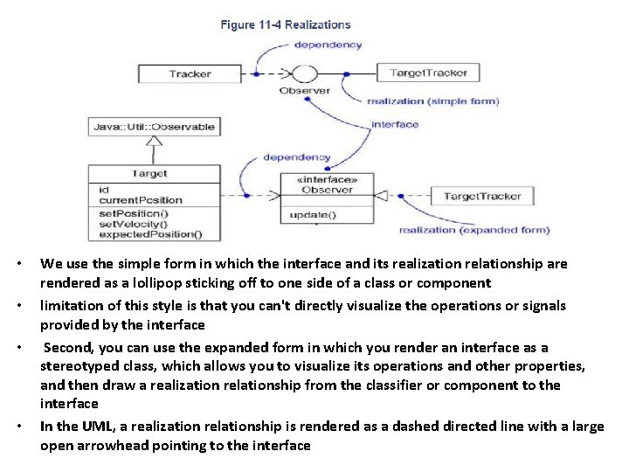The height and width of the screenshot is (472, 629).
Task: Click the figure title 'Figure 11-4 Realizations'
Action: coord(285,25)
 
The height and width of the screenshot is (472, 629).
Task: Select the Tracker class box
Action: coord(190,74)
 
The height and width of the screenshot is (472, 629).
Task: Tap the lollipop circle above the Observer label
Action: coord(304,73)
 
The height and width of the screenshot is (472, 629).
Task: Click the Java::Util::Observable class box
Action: coord(153,127)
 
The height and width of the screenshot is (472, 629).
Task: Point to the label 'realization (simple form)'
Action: coord(433,101)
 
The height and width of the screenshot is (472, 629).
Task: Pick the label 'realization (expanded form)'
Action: coord(474,230)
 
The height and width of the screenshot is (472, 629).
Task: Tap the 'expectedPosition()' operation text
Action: coord(149,233)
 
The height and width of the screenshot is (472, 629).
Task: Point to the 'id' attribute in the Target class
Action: coord(104,190)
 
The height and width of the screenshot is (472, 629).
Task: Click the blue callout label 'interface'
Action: coord(395,124)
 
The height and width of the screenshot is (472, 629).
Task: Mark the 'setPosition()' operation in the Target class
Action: coord(134,212)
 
